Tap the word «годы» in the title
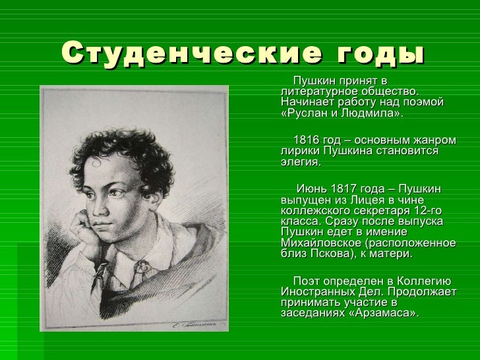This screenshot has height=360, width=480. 381,54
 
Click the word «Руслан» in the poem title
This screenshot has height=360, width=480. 305,113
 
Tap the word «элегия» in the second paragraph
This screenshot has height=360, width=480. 299,162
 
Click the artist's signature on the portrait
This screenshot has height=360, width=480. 195,324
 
